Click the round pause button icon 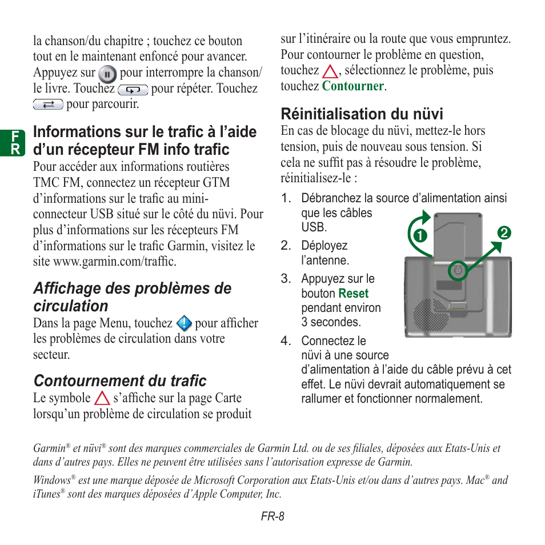tap(107, 74)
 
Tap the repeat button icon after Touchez tap(133, 90)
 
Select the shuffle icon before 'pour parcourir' tap(48, 105)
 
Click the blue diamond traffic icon tap(184, 324)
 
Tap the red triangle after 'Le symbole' tap(102, 399)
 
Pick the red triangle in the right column tap(330, 71)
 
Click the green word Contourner tap(352, 86)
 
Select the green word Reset tap(353, 294)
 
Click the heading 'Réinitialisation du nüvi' tap(362, 114)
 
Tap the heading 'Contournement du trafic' tap(120, 380)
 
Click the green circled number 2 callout tap(503, 233)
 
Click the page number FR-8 tap(272, 516)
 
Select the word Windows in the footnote tap(51, 480)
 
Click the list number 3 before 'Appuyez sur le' tap(285, 279)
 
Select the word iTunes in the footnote tap(46, 495)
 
